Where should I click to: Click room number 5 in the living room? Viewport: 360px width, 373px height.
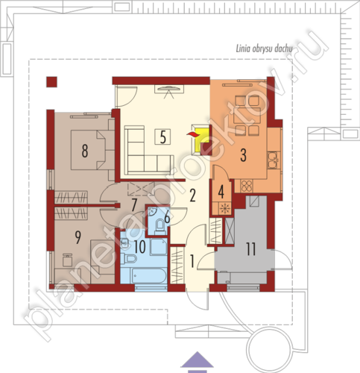162,137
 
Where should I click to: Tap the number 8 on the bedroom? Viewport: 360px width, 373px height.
85,151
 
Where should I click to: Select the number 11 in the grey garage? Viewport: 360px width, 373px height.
251,249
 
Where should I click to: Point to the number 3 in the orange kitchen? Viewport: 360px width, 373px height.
244,155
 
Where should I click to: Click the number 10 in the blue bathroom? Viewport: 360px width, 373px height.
140,247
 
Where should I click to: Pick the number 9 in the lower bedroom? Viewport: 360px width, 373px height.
78,237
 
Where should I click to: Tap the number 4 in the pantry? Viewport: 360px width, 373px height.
221,192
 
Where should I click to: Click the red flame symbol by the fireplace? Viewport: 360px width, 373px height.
193,135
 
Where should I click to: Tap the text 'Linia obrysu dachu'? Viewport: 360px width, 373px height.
264,49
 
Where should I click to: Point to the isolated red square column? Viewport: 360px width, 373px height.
51,82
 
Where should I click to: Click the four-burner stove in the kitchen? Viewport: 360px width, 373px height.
247,186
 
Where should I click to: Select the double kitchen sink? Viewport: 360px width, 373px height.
274,160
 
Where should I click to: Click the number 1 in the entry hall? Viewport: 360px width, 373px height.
192,261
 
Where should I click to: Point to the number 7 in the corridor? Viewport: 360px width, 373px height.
134,205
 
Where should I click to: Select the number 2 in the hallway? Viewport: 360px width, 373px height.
192,195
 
